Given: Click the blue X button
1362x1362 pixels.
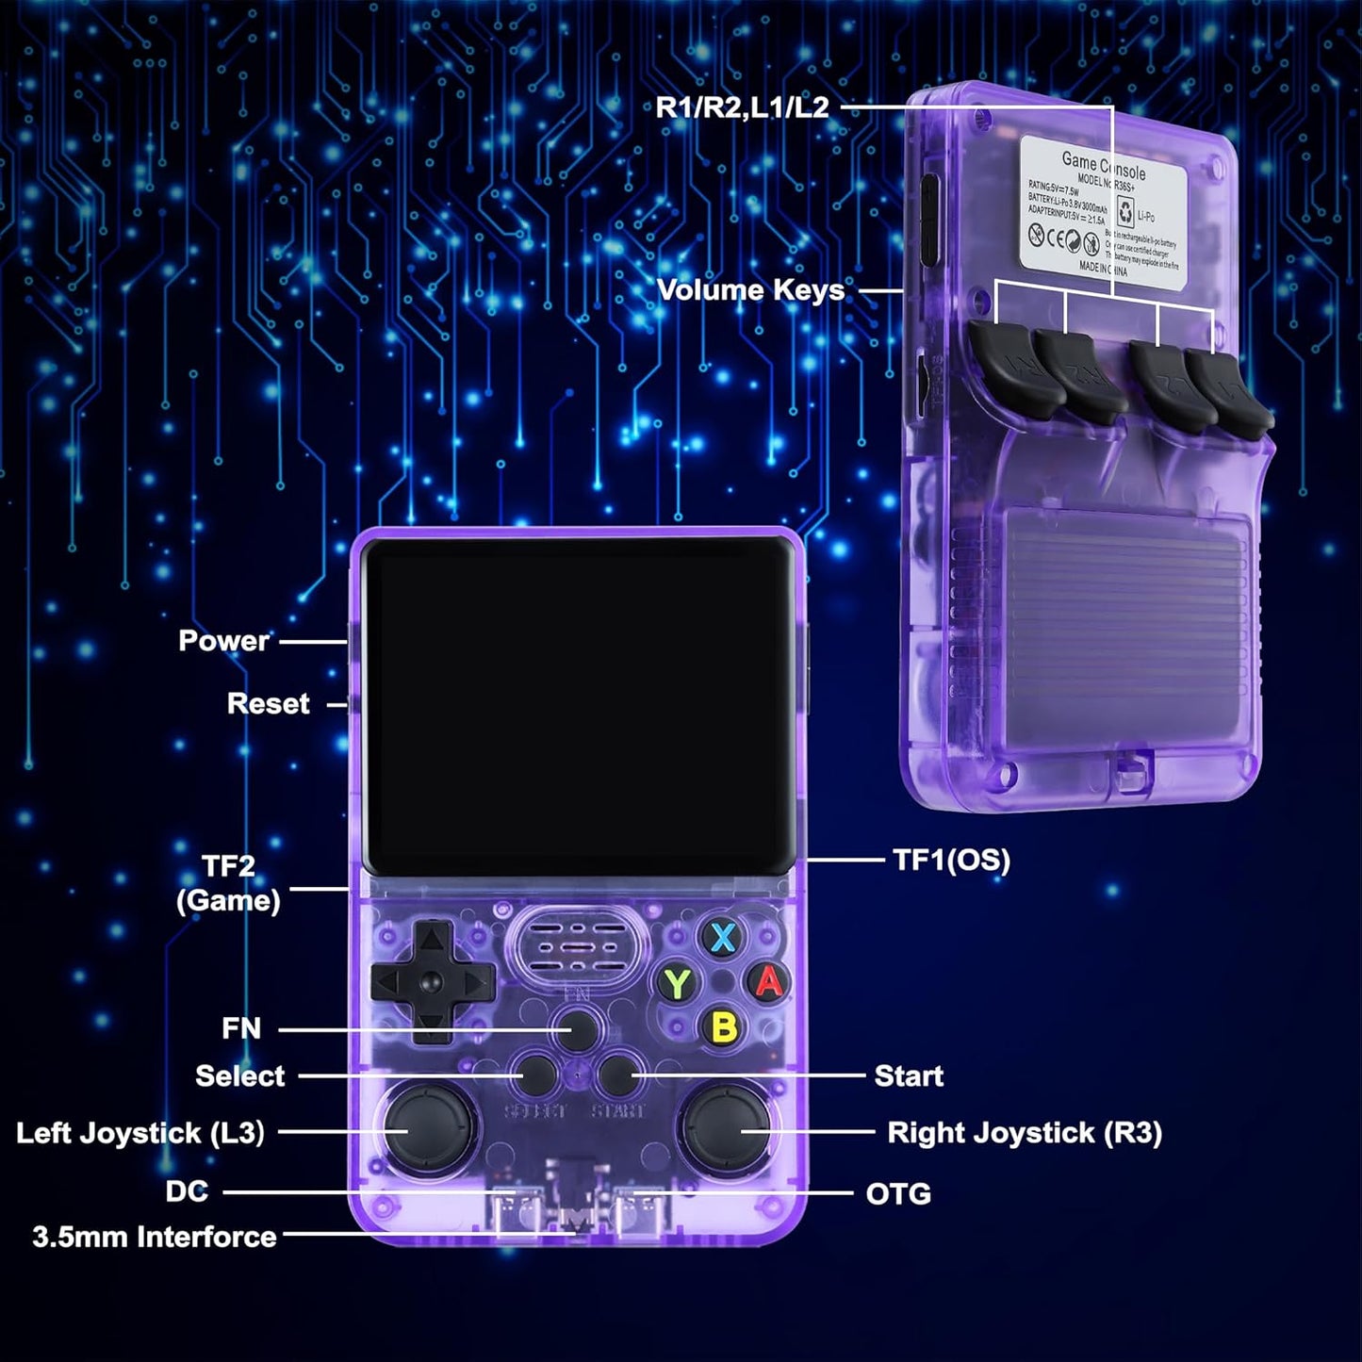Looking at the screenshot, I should point(723,938).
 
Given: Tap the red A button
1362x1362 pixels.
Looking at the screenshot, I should point(769,981).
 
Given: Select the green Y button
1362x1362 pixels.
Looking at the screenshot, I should point(677,984).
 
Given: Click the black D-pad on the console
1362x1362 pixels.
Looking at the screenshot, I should point(433,982).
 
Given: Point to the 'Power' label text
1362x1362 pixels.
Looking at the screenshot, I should point(223,641).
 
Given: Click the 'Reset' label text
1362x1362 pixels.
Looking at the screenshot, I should point(268,704).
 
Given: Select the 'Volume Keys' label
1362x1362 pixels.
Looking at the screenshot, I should point(750,290).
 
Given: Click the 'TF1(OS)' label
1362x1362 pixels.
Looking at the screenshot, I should point(951,860).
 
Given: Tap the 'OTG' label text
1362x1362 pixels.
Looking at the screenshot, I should point(898,1193).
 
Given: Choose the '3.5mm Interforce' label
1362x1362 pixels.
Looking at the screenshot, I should point(155,1237).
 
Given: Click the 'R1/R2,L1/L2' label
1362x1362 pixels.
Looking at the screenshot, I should point(742,107).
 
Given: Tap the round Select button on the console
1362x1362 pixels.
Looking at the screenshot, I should point(538,1074).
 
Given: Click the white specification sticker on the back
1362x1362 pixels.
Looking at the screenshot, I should point(1103,207).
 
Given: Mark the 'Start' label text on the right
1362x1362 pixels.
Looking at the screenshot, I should point(909,1075).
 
